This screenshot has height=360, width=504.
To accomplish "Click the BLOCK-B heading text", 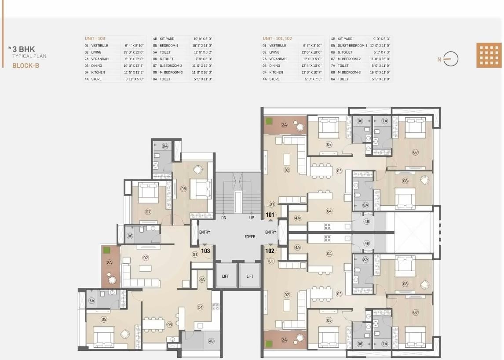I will [26, 65].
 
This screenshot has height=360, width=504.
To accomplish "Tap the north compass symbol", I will [450, 59].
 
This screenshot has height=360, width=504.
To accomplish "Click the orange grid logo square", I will [489, 55].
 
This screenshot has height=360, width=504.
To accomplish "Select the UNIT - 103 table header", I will [95, 39].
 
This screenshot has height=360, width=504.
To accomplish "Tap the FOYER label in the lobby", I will [250, 237].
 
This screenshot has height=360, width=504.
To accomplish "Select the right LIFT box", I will [250, 276].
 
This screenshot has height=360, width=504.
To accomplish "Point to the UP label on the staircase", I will [252, 218].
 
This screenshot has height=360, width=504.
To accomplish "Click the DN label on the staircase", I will [224, 218].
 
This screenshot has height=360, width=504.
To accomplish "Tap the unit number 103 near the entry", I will [205, 251].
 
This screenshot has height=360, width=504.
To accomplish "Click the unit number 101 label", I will [270, 215].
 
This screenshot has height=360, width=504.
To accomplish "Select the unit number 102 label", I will [270, 251].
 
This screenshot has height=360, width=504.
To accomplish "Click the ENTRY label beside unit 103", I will [205, 233].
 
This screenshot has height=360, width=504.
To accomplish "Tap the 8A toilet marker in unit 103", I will [165, 145].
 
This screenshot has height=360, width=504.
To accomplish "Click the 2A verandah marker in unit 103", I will [109, 262].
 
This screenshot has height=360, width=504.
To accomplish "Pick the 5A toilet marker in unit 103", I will [91, 301].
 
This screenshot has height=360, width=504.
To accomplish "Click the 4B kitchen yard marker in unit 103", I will [211, 341].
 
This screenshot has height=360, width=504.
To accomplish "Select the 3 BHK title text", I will [24, 50].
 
